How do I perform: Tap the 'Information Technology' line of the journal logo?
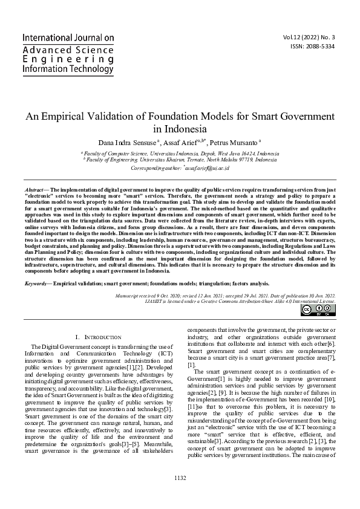click(x=68, y=70)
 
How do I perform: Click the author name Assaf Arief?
click(x=180, y=142)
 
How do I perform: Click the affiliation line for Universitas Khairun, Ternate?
click(x=180, y=160)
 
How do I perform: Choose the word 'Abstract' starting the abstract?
click(x=35, y=189)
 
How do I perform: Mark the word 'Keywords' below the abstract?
click(x=36, y=283)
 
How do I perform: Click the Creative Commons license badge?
click(x=318, y=310)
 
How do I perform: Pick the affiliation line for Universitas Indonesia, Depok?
click(x=180, y=154)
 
